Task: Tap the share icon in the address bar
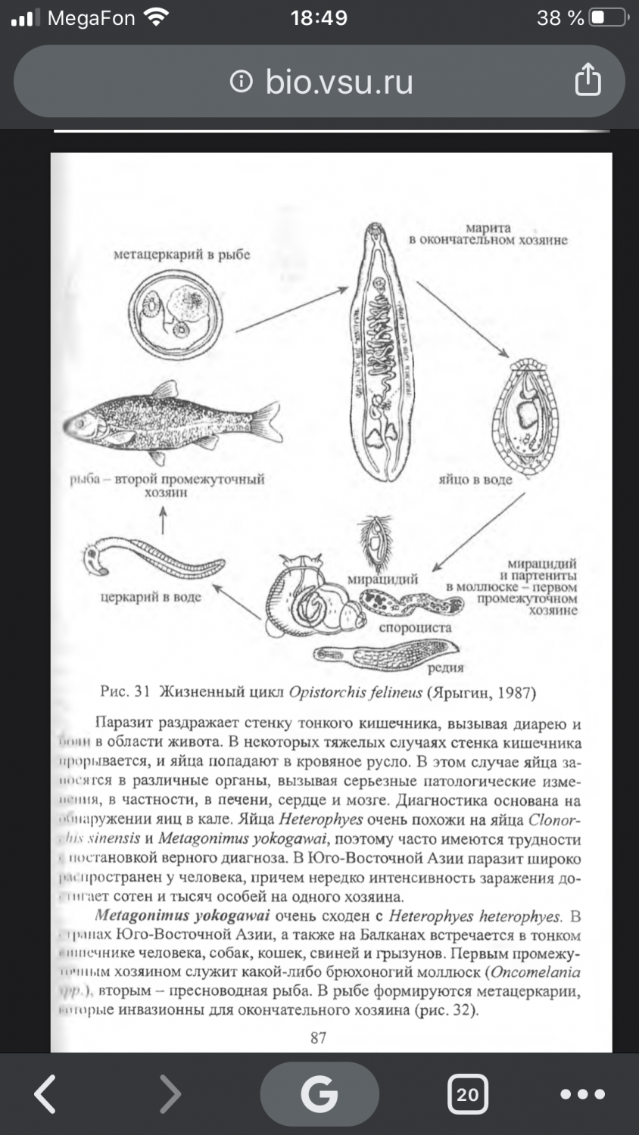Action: [x=588, y=80]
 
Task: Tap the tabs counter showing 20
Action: [x=467, y=1094]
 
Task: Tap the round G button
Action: [x=319, y=1094]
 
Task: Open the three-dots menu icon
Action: [x=582, y=1094]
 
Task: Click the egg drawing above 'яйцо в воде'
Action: [x=523, y=415]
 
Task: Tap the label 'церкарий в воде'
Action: [x=151, y=598]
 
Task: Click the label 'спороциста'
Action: [x=415, y=627]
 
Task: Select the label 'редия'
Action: [x=445, y=668]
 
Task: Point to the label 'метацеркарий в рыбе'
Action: [x=182, y=255]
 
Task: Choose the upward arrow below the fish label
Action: [x=164, y=520]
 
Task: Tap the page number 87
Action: [x=319, y=1038]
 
